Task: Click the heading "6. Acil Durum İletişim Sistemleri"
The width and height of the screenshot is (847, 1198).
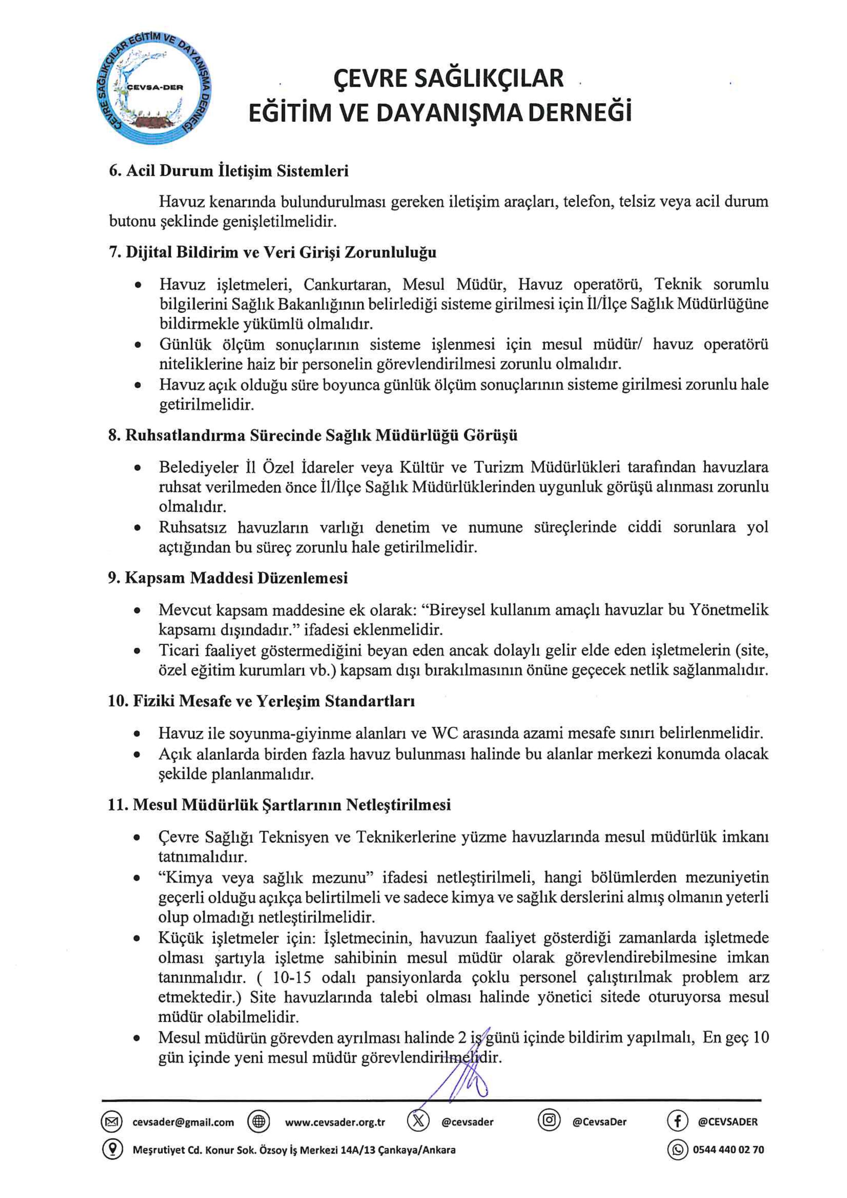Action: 228,171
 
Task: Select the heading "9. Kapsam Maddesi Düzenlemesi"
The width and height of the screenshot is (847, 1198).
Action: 228,578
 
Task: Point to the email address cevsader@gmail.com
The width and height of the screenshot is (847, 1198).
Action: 183,1122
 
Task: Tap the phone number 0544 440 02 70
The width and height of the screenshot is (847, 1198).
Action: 728,1150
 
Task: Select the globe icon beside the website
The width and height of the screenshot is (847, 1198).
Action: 258,1122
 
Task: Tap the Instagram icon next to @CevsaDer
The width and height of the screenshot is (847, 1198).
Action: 549,1121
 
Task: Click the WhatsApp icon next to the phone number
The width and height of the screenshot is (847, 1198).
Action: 677,1150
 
